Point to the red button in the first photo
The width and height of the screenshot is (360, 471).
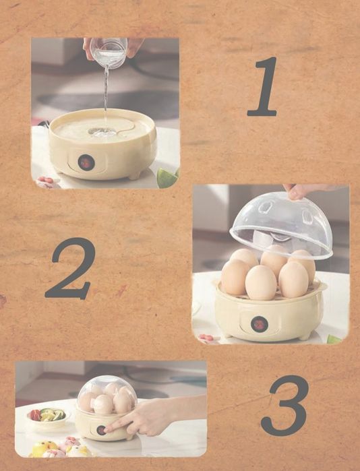click(x=86, y=162)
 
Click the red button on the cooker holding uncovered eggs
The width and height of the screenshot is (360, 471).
click(x=259, y=324)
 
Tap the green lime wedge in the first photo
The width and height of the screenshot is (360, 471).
click(x=167, y=178)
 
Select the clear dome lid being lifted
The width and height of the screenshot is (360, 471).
click(x=282, y=226)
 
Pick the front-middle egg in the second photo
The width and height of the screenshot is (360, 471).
click(x=261, y=282)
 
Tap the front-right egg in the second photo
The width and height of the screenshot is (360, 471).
click(x=293, y=280)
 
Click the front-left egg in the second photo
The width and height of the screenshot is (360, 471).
click(x=235, y=276)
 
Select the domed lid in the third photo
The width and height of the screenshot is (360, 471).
click(x=107, y=394)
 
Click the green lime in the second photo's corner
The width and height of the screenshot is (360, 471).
click(x=334, y=340)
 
